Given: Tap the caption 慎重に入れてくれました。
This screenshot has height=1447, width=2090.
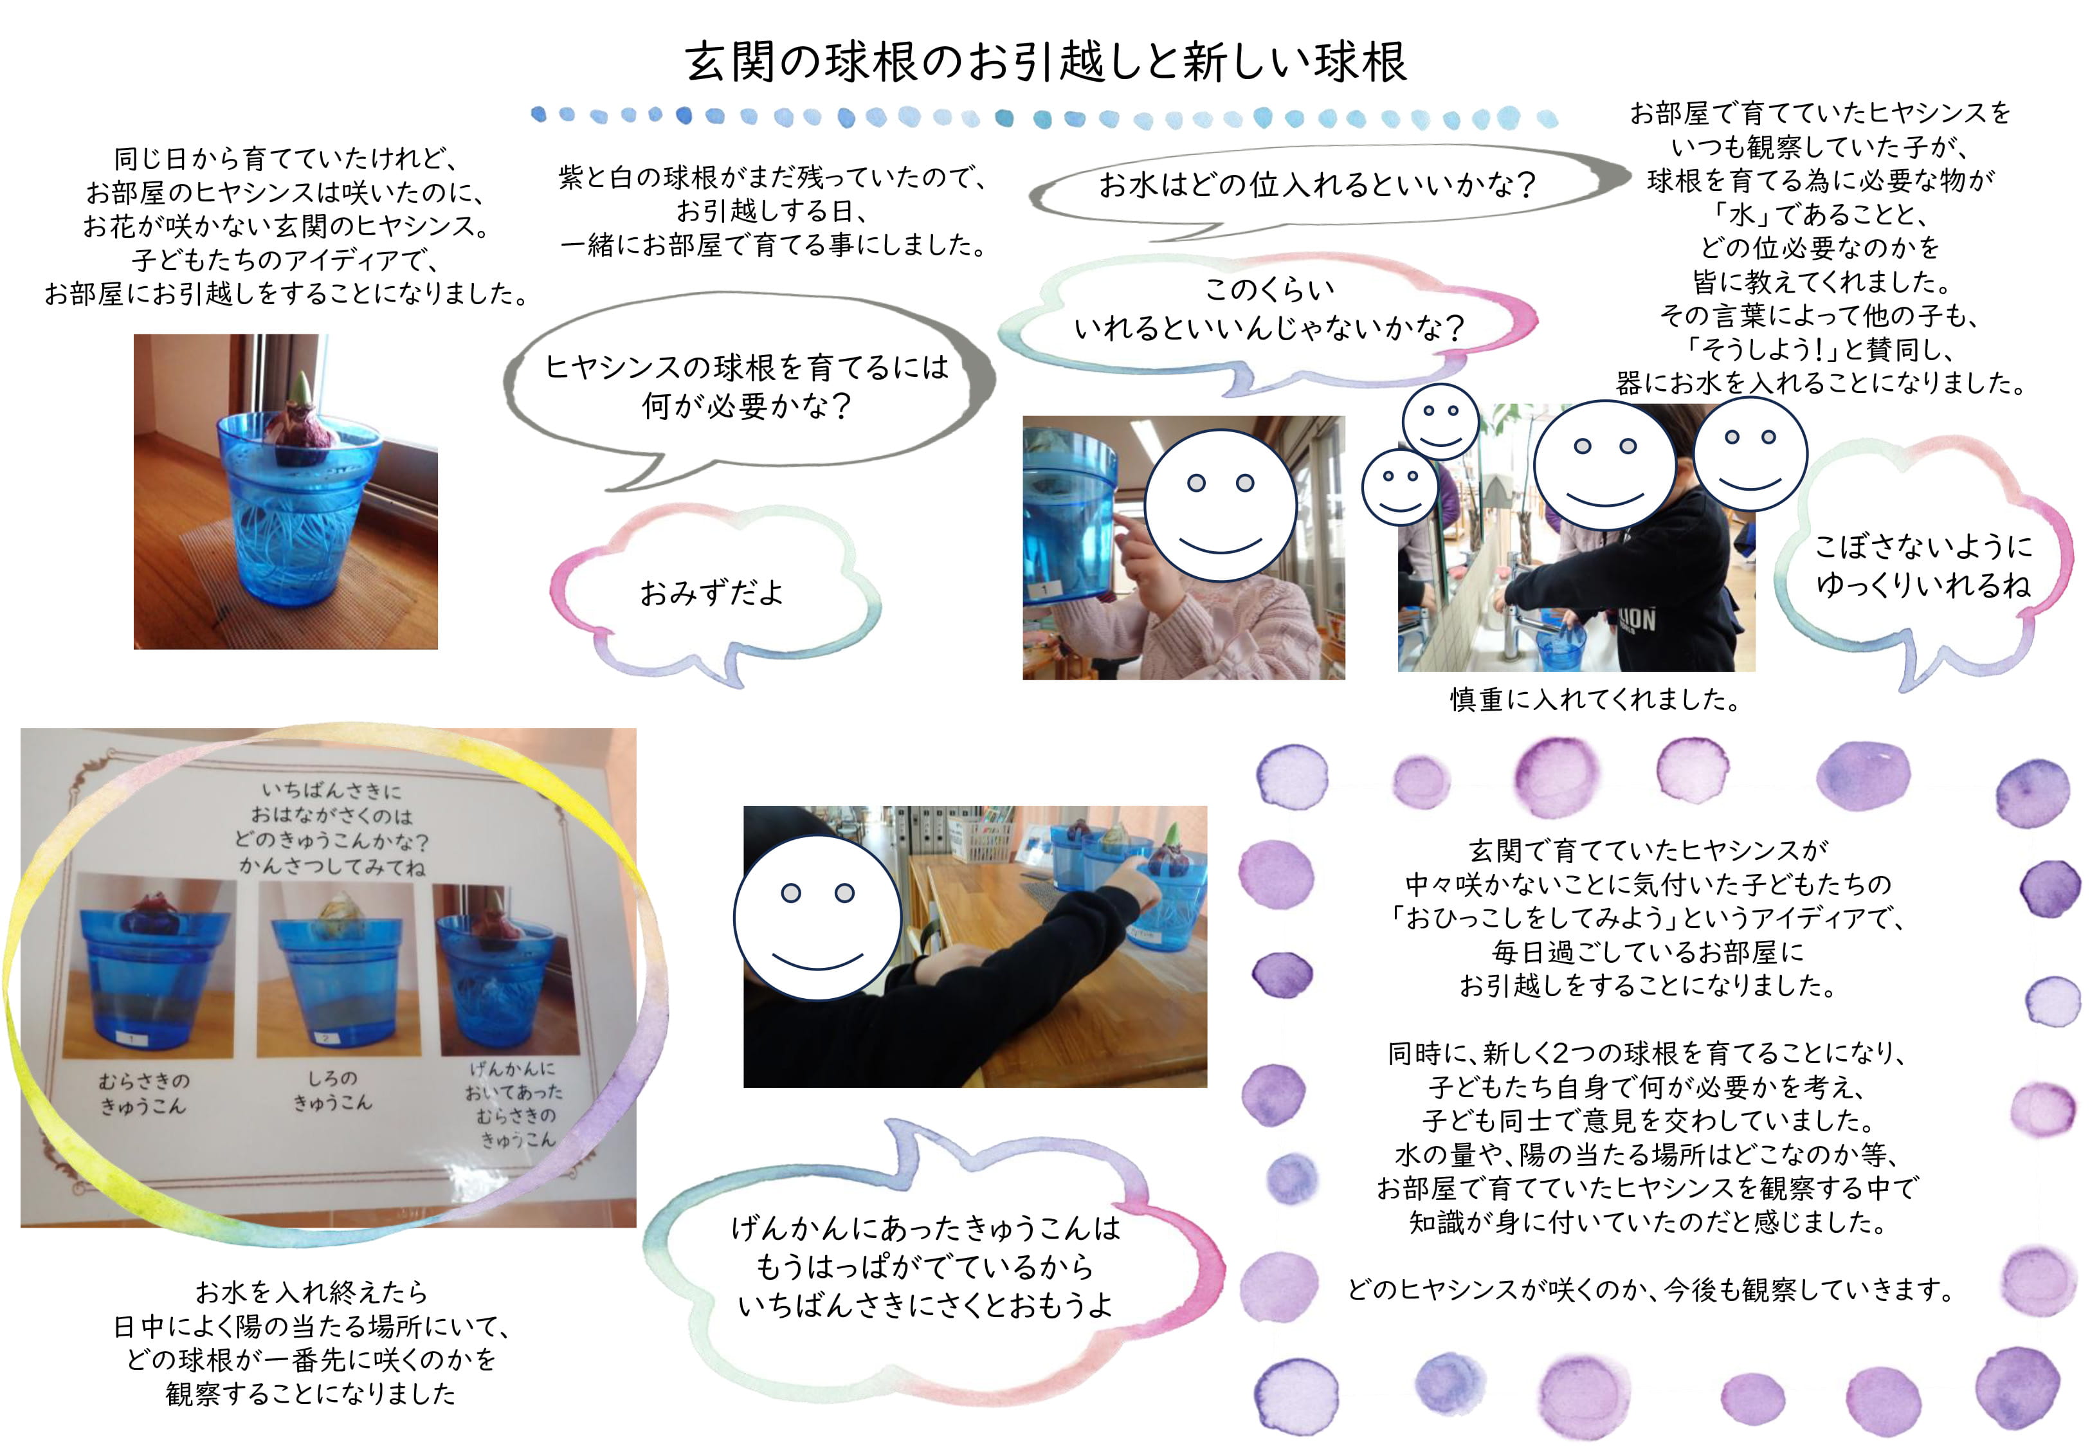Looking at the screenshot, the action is coord(1595,700).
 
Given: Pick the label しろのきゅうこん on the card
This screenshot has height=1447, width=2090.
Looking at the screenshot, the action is coord(332,1090).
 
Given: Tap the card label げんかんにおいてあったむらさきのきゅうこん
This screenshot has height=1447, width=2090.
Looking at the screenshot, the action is coord(514,1104).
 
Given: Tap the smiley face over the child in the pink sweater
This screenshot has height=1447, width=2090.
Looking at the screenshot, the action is coord(1220,505).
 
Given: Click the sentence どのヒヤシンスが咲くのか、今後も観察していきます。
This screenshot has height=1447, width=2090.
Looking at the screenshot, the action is coord(1649,1289).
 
